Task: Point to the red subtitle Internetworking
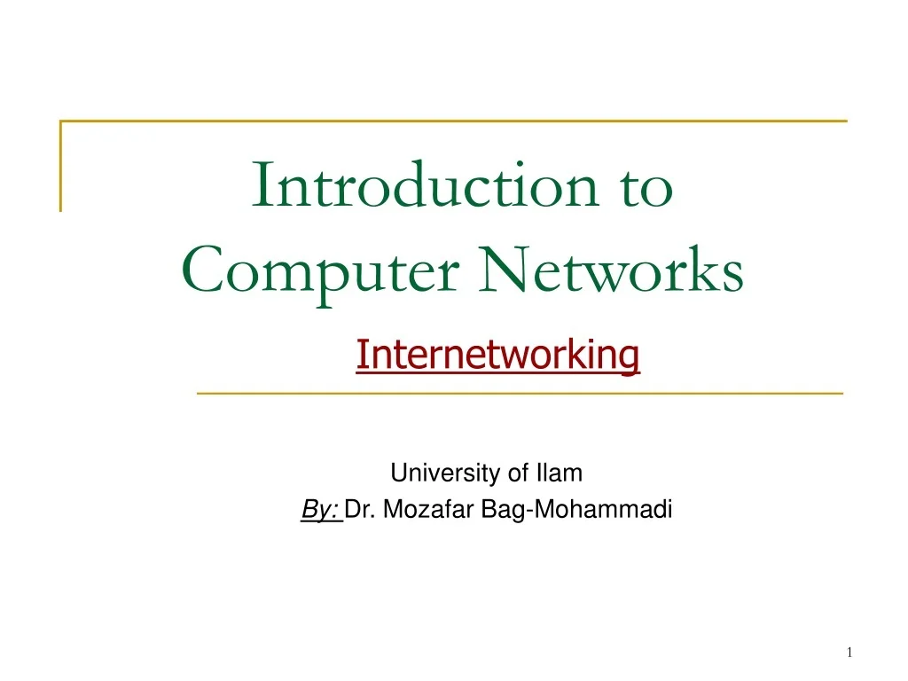[x=497, y=356]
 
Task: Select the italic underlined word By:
[x=321, y=510]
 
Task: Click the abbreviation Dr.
[x=358, y=510]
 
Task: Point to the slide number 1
[x=849, y=653]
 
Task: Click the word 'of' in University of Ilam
[x=518, y=474]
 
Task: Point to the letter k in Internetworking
[x=571, y=356]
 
